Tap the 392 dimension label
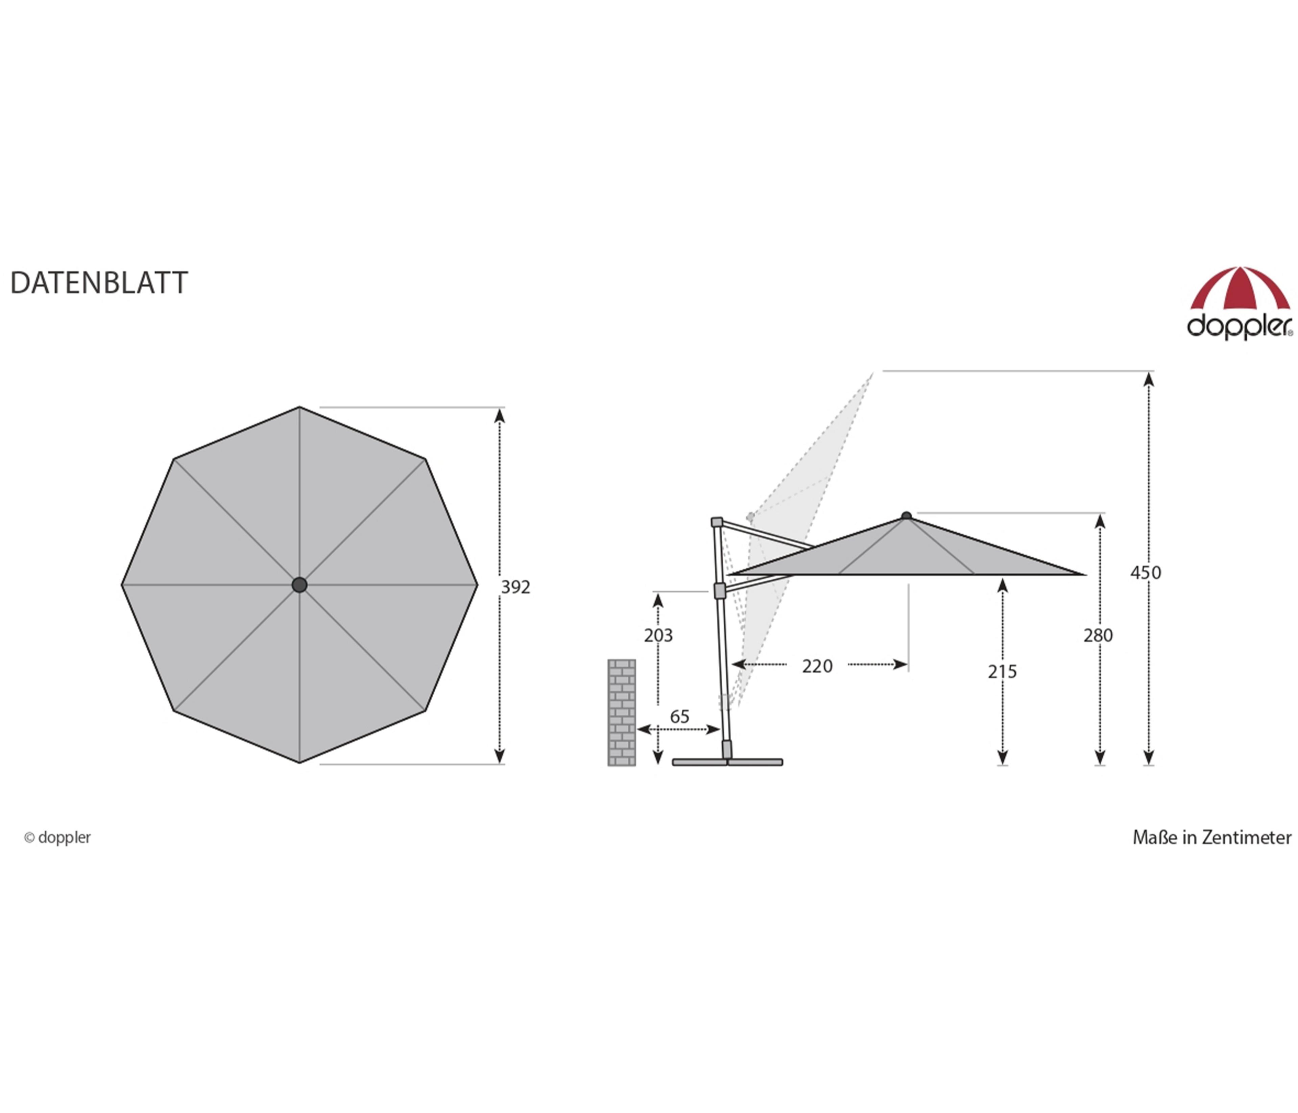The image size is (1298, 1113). (515, 587)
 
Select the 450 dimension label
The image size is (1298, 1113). (1146, 573)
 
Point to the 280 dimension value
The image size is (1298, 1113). (1098, 635)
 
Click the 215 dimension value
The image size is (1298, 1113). (1002, 672)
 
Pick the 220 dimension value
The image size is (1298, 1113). (818, 666)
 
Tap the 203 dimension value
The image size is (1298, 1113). (658, 635)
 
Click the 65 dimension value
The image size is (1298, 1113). (680, 716)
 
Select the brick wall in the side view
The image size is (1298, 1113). (621, 713)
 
